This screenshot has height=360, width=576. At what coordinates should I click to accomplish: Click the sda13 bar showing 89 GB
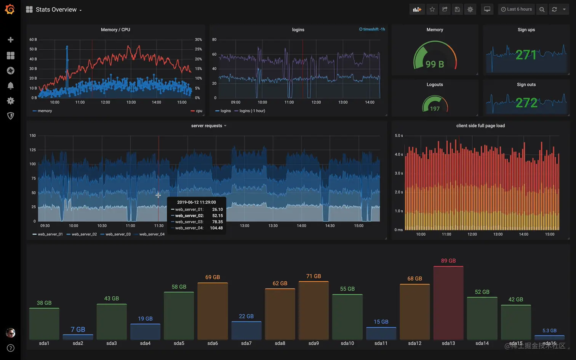448,302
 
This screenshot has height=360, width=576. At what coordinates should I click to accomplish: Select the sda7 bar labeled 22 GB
246,330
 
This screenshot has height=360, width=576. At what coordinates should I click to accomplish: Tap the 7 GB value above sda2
78,330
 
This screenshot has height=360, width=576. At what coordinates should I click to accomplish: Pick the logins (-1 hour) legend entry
252,111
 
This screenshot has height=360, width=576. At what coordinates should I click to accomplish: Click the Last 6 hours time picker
516,9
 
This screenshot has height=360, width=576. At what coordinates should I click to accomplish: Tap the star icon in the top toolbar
432,10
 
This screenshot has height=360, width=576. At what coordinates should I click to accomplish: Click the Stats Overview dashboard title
56,10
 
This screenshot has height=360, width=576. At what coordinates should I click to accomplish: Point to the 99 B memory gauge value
435,64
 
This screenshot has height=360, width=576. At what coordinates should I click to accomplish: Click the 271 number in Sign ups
526,55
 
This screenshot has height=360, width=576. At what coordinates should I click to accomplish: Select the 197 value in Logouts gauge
435,109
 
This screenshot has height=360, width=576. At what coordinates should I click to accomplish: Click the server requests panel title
206,126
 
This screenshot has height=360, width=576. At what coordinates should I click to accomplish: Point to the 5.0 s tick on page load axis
398,136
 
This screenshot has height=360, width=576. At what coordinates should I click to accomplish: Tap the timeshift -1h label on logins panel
372,29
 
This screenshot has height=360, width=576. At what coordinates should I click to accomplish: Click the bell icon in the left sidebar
11,86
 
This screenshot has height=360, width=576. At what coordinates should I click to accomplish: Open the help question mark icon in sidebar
11,348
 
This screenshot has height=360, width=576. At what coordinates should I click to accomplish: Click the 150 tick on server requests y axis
33,136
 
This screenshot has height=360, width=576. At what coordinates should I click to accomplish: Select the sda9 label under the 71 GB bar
314,343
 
